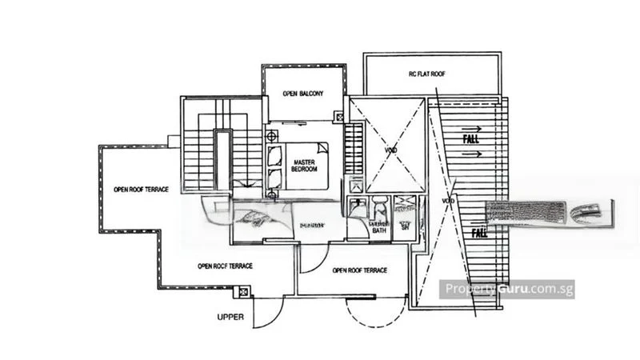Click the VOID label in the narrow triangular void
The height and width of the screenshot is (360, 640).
pos(447,201)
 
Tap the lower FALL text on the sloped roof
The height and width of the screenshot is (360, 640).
pos(479,234)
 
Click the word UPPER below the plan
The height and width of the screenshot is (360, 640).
pos(230,317)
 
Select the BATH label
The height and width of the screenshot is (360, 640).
pos(378,230)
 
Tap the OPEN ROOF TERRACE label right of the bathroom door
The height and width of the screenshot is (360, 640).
pos(359,270)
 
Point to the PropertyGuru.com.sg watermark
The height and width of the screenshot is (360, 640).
pos(508,288)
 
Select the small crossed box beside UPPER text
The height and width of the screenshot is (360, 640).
pos(244,292)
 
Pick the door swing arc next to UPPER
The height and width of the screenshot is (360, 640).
pos(267,314)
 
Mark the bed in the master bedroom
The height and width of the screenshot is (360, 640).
pos(302,166)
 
